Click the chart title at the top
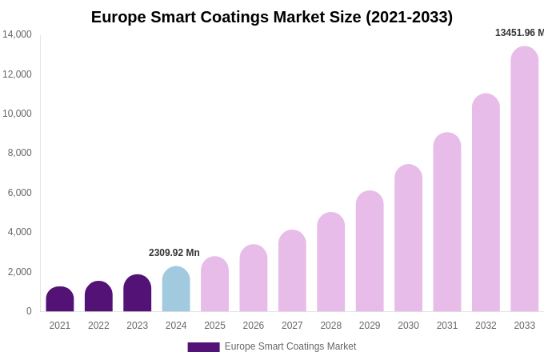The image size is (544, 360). [x=272, y=17]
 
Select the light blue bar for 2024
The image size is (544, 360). [x=176, y=290]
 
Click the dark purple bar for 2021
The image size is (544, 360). [x=60, y=299]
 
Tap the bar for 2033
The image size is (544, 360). [x=525, y=179]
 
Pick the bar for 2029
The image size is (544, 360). [x=370, y=251]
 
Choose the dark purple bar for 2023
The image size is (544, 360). [x=138, y=294]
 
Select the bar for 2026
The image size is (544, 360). [x=254, y=278]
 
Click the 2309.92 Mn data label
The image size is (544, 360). [x=174, y=253]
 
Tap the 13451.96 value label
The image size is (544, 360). [x=519, y=33]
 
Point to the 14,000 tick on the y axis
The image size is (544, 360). [x=17, y=34]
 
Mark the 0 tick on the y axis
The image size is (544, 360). [x=29, y=311]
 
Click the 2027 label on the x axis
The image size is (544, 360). [x=292, y=326]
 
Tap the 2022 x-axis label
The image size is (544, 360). [x=98, y=326]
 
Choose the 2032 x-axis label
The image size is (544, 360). [x=486, y=326]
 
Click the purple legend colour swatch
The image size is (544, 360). [x=203, y=347]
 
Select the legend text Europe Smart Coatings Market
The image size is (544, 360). [x=290, y=346]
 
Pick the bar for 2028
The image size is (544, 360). [x=331, y=262]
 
